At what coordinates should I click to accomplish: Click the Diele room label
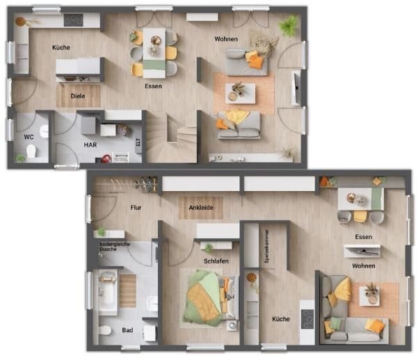click(78, 96)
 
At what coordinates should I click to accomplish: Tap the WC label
click(29, 137)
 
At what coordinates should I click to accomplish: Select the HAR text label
click(90, 145)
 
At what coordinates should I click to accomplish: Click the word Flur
click(136, 208)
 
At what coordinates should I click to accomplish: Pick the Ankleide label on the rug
click(201, 208)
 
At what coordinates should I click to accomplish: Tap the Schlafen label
click(216, 261)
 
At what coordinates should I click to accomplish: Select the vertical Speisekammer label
click(266, 247)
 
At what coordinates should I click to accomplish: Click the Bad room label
click(127, 330)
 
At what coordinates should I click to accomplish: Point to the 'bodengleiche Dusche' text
click(115, 247)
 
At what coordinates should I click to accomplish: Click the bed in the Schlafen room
click(211, 297)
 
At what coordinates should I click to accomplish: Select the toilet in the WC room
click(31, 151)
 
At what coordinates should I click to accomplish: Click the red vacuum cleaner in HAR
click(106, 158)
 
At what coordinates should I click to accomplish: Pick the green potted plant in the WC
click(19, 158)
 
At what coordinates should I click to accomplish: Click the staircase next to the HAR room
click(171, 137)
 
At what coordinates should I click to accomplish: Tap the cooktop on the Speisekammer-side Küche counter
click(307, 319)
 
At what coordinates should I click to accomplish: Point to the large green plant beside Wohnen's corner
click(289, 25)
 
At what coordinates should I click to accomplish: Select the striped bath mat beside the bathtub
click(128, 291)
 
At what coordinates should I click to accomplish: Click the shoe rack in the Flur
click(145, 184)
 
